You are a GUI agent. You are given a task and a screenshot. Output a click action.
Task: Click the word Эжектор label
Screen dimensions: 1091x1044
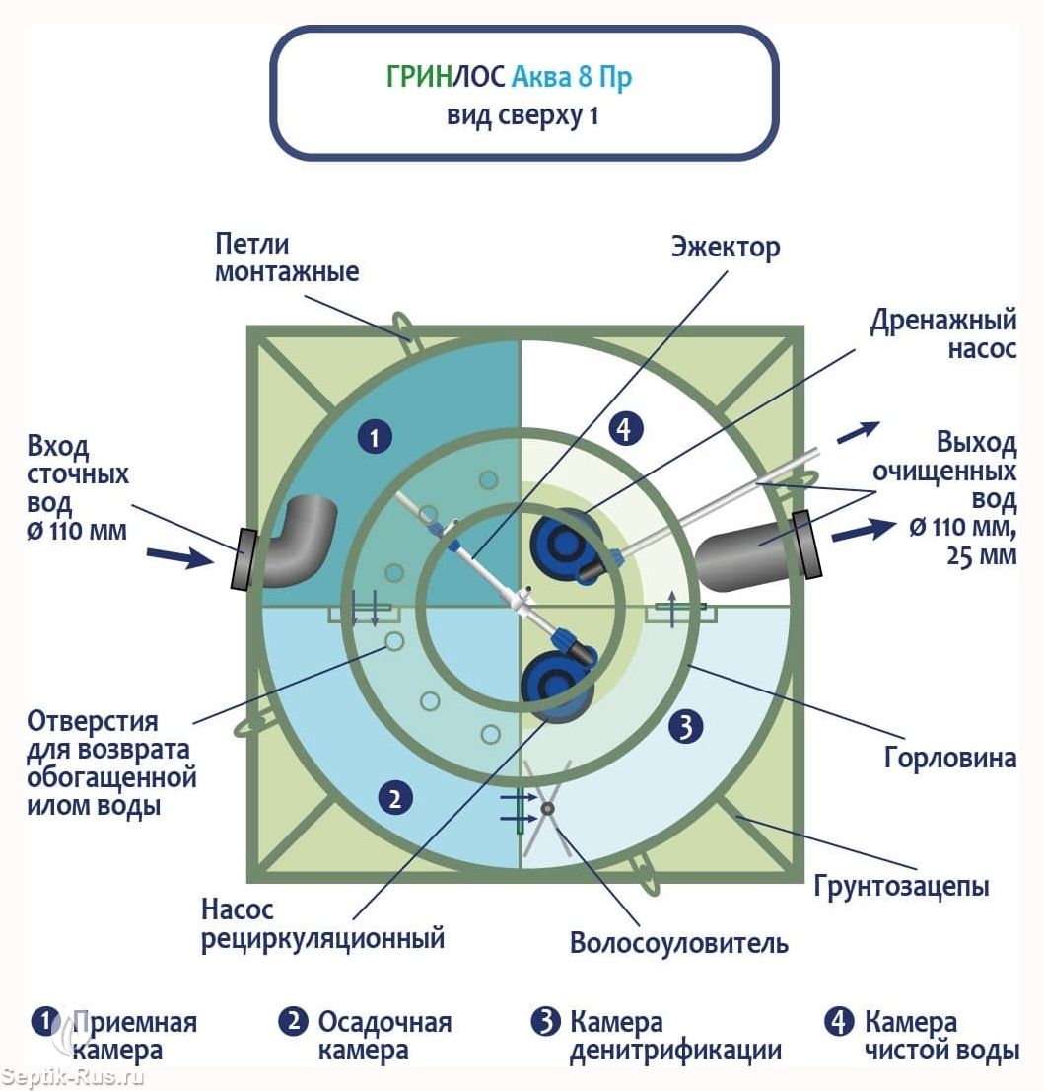tap(725, 246)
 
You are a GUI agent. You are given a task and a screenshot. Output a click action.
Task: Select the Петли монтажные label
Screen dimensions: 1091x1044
tap(286, 257)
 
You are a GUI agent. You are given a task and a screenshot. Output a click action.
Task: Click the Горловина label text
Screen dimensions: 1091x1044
tap(950, 759)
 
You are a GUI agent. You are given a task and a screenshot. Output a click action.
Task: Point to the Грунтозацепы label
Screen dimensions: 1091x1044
tap(901, 885)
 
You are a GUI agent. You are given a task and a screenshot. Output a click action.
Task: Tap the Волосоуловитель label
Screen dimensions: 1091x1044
tap(679, 943)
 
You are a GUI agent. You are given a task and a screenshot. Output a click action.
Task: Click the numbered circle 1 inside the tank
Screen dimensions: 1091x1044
tap(375, 437)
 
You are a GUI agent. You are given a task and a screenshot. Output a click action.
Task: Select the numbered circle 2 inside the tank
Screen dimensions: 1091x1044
tap(394, 798)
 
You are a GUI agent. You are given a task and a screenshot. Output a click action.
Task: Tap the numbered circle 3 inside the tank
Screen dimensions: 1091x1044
tap(686, 727)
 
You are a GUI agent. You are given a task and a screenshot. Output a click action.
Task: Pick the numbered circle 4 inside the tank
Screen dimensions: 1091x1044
tap(626, 429)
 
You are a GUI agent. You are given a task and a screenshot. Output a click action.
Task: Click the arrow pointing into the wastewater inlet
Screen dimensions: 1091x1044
tap(181, 557)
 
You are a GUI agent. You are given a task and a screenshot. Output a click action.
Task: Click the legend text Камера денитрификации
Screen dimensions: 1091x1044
tap(675, 1036)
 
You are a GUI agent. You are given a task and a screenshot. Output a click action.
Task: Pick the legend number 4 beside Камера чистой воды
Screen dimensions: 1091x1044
tap(839, 1022)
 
